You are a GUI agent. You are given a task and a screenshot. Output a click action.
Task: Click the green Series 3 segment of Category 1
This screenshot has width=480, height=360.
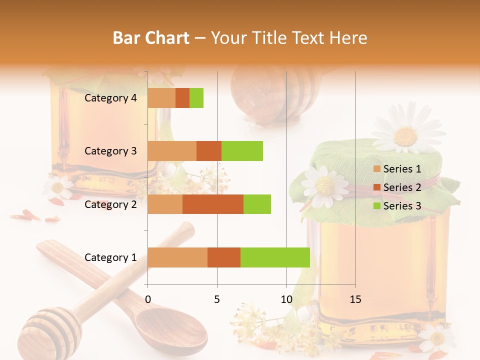pos(275,257)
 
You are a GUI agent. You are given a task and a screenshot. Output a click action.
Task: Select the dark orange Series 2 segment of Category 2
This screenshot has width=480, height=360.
pos(213,204)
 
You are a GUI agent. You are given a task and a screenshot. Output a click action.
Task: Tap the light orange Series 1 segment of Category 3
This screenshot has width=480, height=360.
pos(172,151)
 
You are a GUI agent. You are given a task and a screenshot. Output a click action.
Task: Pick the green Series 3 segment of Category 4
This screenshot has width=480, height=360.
pos(196,98)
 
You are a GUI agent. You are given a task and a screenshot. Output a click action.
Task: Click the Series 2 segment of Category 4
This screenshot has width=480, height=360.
pos(182,98)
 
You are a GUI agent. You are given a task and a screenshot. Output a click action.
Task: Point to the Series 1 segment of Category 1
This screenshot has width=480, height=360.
pos(177,257)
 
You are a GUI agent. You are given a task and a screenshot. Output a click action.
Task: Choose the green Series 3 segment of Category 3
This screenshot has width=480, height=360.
pos(242,151)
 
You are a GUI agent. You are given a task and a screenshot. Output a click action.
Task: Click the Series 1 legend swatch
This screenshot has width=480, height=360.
pos(376,169)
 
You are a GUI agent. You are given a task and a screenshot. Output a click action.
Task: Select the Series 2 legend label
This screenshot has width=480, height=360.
pos(402,187)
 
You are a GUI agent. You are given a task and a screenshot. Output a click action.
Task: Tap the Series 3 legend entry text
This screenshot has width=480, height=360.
pos(402,206)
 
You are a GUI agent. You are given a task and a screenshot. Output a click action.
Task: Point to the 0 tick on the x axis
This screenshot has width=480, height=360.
pos(148,299)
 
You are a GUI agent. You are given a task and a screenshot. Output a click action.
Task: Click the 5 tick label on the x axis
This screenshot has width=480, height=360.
pos(217,299)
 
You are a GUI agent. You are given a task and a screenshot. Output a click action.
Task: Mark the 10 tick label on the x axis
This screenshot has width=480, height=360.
pos(286,299)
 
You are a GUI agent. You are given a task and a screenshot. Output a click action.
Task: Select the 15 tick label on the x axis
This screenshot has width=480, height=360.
pos(355,299)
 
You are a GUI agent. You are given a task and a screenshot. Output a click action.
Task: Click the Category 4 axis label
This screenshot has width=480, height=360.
pos(110,98)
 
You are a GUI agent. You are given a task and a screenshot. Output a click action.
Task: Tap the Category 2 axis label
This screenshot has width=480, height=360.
pos(110,204)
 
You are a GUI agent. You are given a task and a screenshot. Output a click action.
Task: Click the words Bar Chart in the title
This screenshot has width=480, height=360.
pos(151,38)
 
